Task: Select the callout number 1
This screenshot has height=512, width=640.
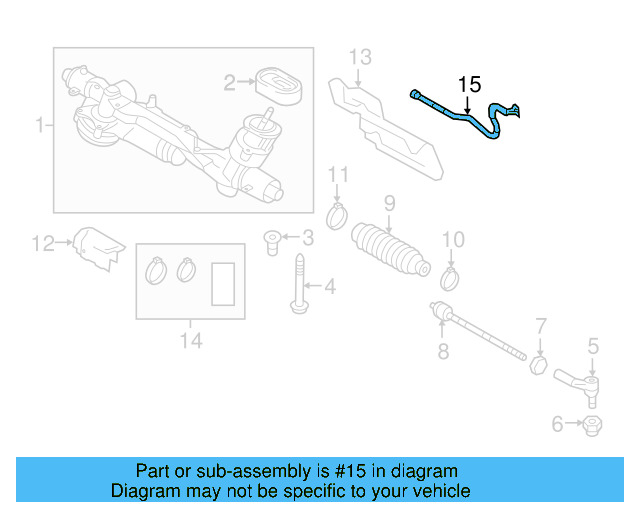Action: pos(40,126)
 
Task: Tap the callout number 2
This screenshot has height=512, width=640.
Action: pos(229,82)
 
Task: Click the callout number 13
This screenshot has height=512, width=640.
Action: pos(359,54)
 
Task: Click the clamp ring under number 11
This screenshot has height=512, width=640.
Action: pos(338,214)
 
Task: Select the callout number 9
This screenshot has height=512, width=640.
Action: pos(389,204)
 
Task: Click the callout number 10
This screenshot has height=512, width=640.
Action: pos(453,240)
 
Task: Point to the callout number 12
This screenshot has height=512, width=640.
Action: pos(42,242)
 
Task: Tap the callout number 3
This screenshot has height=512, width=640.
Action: pos(307,237)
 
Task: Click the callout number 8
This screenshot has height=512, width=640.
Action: pos(443,351)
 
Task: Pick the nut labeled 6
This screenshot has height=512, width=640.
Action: pos(590,425)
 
